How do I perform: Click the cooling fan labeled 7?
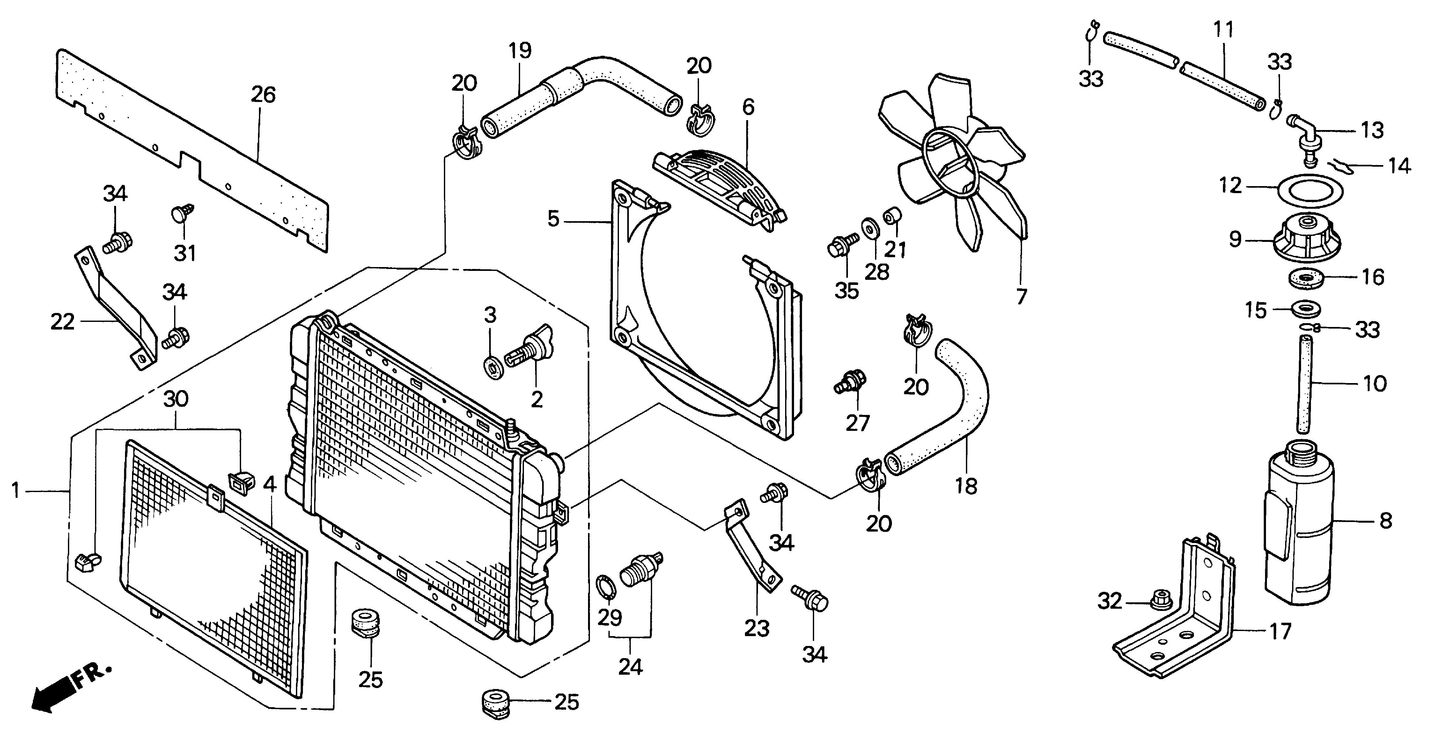pyautogui.click(x=953, y=167)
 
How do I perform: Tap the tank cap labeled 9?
pyautogui.click(x=1306, y=239)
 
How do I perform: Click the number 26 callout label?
pyautogui.click(x=263, y=95)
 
